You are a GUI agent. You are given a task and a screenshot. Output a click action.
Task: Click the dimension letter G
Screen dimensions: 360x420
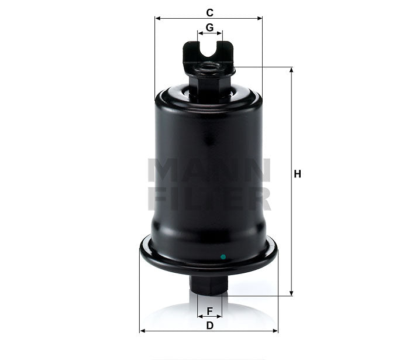pos(209,27)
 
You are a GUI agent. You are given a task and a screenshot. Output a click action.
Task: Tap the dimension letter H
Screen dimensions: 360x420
pos(297,174)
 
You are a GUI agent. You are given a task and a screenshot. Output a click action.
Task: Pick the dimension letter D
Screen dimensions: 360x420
pos(209,325)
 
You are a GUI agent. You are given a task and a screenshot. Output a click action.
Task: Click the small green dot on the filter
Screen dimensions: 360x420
pos(222,256)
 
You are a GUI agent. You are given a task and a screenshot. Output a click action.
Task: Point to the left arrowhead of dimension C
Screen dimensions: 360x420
pos(157,18)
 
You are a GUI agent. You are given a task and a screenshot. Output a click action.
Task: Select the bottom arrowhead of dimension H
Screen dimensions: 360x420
pos(291,293)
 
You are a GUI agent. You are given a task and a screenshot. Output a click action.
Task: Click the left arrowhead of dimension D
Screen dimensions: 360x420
pos(142,331)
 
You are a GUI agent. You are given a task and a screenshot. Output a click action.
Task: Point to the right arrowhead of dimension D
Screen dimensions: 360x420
pos(276,331)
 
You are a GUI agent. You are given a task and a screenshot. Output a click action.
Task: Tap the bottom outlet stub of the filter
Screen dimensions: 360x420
pos(209,284)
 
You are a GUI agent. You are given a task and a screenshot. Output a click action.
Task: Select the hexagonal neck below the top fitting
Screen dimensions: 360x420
pos(209,88)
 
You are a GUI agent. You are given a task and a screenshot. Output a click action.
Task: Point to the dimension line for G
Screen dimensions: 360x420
pos(209,35)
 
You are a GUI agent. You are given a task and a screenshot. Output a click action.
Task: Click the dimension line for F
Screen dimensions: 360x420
pos(209,316)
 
